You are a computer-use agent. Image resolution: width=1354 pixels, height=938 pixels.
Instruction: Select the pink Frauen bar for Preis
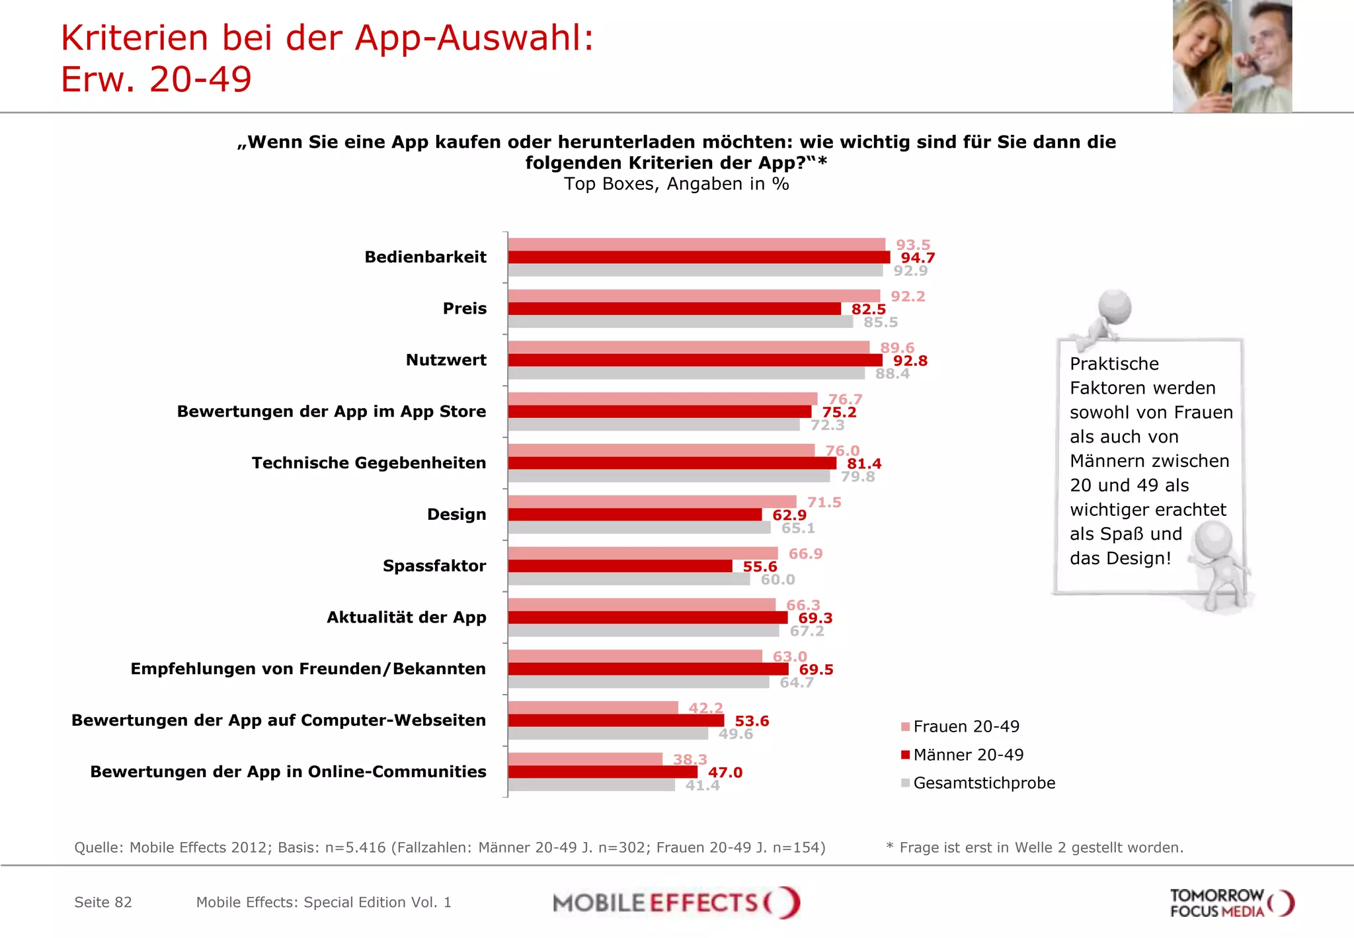[x=694, y=296]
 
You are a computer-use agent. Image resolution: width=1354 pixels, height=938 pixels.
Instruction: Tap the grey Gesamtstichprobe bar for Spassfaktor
[x=628, y=579]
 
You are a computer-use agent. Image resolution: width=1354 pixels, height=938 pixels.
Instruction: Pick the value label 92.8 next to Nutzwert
[x=910, y=361]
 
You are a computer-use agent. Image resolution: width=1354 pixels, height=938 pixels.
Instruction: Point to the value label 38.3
[x=690, y=759]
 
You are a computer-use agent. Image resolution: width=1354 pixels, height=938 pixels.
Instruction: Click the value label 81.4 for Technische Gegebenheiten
[x=863, y=464]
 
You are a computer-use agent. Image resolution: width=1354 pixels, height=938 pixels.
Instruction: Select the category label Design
[x=456, y=515]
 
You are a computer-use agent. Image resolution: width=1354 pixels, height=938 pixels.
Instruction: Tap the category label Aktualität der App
[x=406, y=617]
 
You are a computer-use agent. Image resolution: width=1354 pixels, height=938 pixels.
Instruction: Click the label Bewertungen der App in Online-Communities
[x=288, y=772]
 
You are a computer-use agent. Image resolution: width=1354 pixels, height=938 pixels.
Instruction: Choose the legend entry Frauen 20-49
[x=966, y=726]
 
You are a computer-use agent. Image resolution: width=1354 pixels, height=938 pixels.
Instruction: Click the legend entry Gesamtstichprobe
[x=984, y=783]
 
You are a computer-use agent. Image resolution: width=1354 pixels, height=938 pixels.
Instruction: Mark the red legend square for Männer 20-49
[x=905, y=755]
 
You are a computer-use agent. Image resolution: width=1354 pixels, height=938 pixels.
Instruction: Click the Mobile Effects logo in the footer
[x=676, y=903]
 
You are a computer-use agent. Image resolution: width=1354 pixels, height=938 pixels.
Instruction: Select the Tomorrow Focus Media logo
[x=1231, y=903]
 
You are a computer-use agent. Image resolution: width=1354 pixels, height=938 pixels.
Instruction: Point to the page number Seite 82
[x=103, y=902]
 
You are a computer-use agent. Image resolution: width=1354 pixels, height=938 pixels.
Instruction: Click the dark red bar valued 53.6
[x=616, y=720]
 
